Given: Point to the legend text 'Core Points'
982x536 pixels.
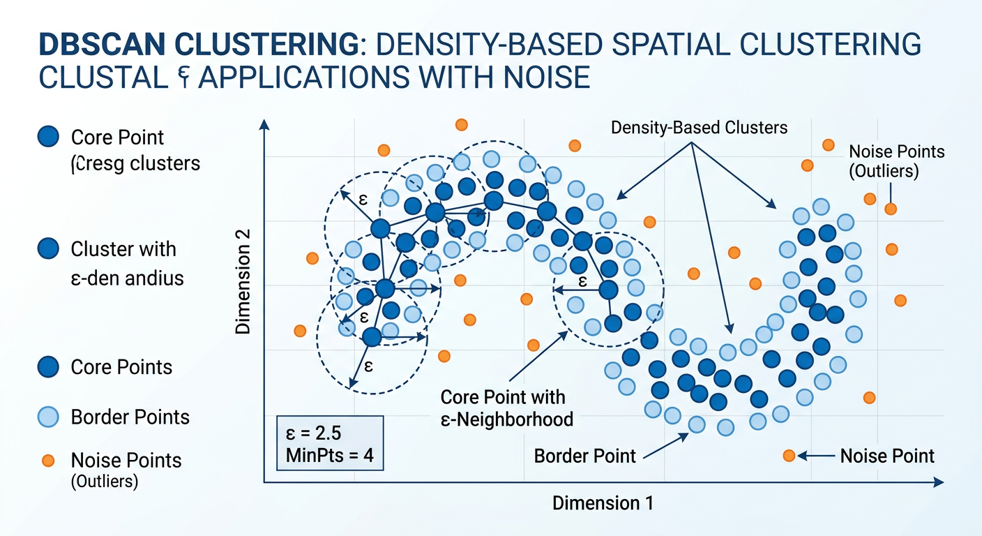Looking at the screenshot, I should pos(121,367).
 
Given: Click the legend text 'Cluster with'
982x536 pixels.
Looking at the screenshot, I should pos(123,249).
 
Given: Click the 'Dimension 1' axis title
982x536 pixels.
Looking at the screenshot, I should pos(603,504).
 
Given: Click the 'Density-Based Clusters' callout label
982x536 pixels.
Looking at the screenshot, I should pos(699,128).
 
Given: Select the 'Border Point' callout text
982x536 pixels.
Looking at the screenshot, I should pos(584,456).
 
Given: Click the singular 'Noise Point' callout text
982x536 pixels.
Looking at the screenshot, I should pos(887,456).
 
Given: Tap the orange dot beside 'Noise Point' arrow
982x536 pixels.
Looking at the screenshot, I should pos(789,456).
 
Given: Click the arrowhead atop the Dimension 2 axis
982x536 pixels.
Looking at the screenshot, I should pos(264,125).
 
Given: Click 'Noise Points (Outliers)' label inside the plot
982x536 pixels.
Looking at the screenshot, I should pos(896,161).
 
